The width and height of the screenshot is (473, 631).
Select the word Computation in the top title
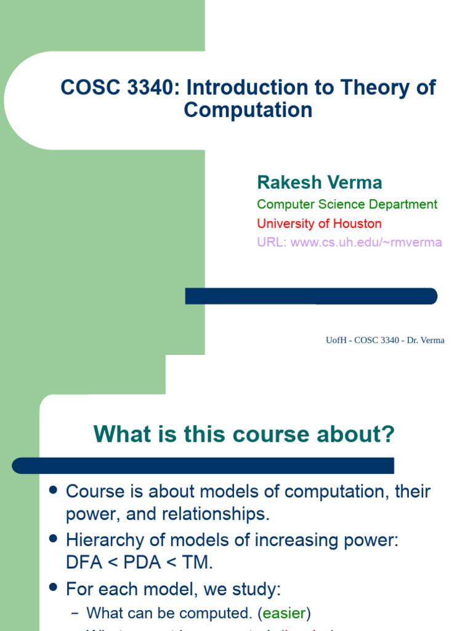pos(248,110)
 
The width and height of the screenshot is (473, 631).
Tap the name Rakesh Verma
pos(319,182)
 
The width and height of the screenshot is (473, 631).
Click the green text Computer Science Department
pos(347,204)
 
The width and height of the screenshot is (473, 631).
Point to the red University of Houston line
pos(319,223)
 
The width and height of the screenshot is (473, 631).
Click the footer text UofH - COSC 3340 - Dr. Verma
pos(384,340)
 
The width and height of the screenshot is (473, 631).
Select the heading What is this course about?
pos(244,435)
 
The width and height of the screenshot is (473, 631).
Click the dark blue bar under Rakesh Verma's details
pos(311,296)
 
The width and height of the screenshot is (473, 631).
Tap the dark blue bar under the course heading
pos(203,465)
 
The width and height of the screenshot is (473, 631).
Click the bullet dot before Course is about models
pos(53,491)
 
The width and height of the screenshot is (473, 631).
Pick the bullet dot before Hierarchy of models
pos(53,539)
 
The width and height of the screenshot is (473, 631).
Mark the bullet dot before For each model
pos(53,588)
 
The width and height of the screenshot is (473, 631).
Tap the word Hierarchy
pos(104,540)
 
